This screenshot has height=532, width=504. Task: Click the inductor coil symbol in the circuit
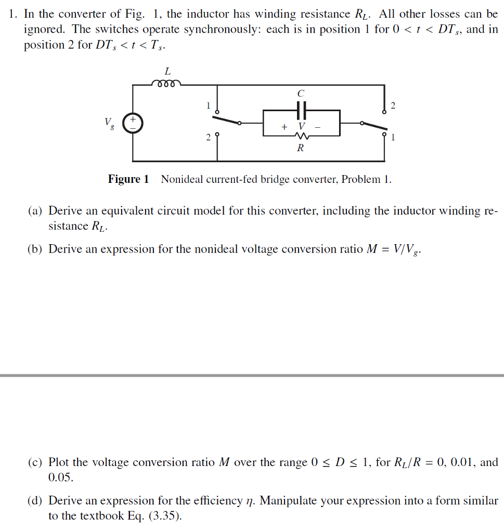pos(166,83)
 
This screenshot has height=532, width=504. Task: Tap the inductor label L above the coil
pos(167,71)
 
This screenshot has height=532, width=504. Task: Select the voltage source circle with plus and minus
pos(132,123)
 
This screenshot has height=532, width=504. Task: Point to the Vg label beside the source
pos(109,123)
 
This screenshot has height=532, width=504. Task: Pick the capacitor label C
pos(301,94)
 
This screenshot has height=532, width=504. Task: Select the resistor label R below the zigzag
pos(300,148)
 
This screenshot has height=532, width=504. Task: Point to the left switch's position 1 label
pos(208,105)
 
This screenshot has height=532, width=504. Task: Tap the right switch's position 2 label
pos(393,106)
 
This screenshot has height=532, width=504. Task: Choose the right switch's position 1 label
pos(393,138)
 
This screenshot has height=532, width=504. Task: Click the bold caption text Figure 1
pos(128,180)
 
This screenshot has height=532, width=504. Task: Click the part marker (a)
pos(35,211)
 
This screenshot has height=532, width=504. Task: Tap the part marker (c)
pos(35,462)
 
